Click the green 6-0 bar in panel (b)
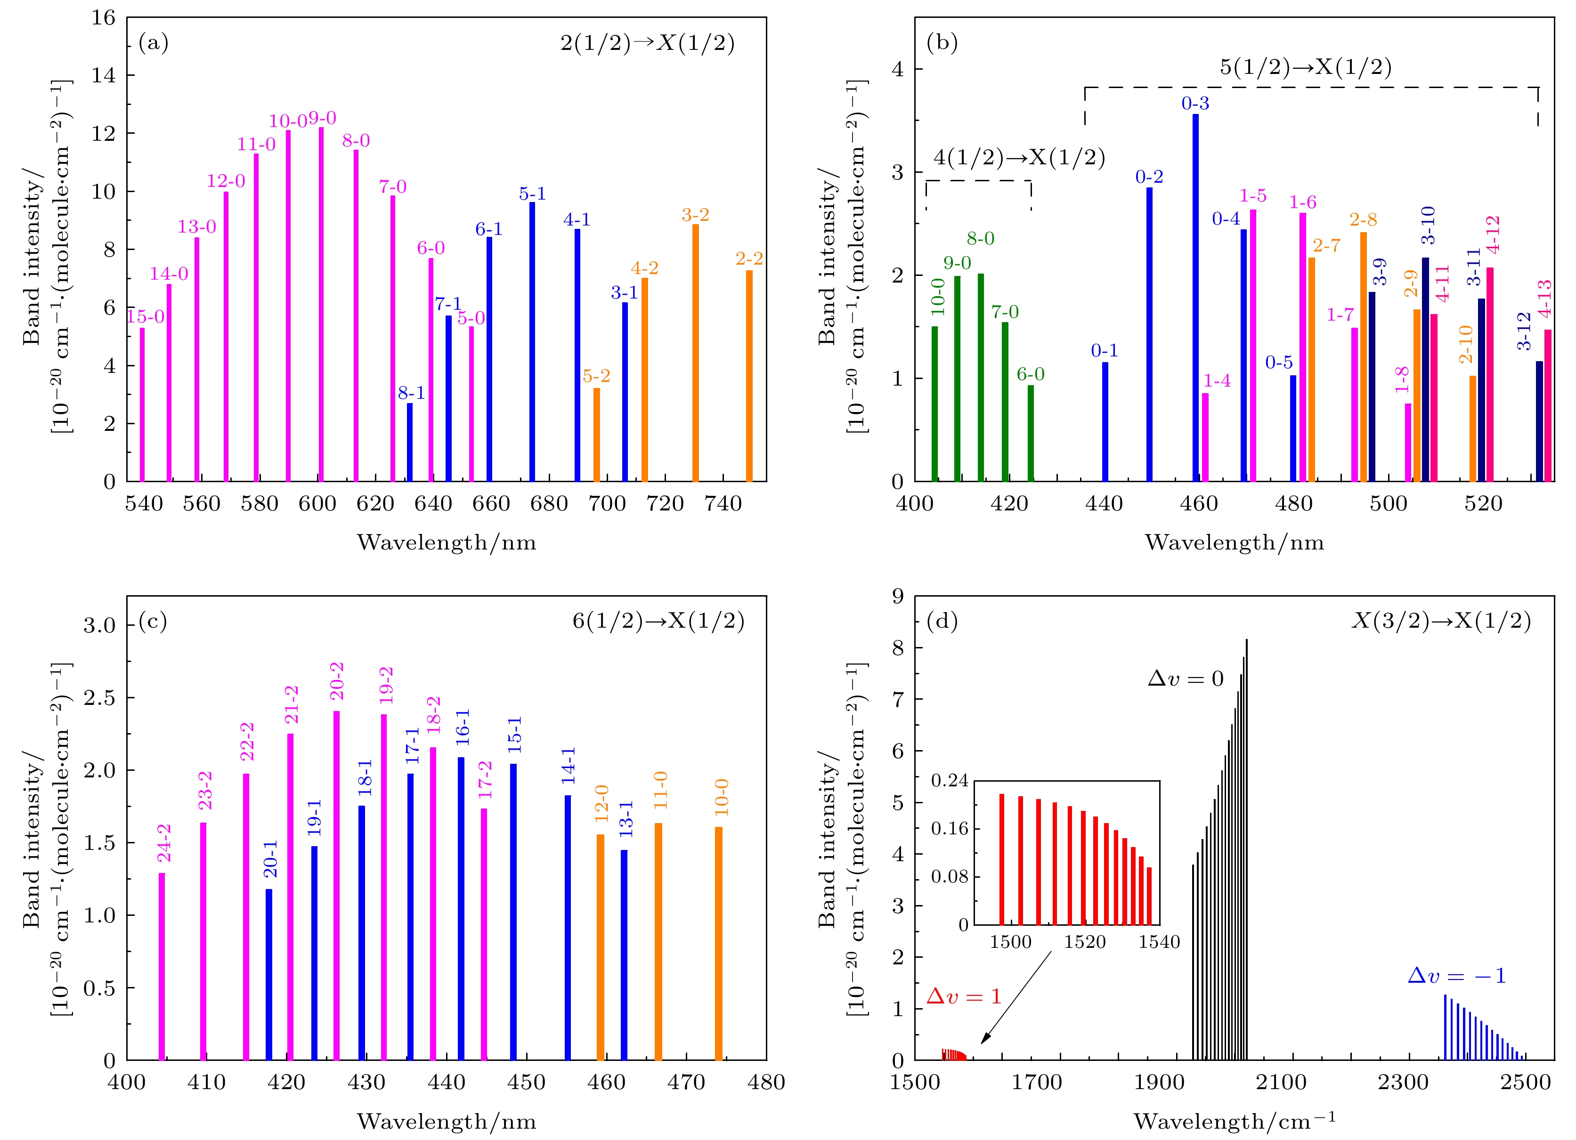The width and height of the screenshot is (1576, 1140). pyautogui.click(x=1031, y=434)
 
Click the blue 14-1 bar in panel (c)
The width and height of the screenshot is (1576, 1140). pyautogui.click(x=568, y=928)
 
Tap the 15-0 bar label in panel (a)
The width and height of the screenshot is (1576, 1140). pyautogui.click(x=146, y=317)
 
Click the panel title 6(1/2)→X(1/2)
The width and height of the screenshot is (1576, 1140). pyautogui.click(x=658, y=620)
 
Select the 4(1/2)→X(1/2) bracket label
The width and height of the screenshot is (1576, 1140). pyautogui.click(x=1019, y=158)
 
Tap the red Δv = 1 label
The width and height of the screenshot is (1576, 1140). pyautogui.click(x=964, y=997)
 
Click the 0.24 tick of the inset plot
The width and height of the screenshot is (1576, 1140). pyautogui.click(x=950, y=781)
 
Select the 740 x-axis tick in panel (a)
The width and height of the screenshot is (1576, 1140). pyautogui.click(x=723, y=503)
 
